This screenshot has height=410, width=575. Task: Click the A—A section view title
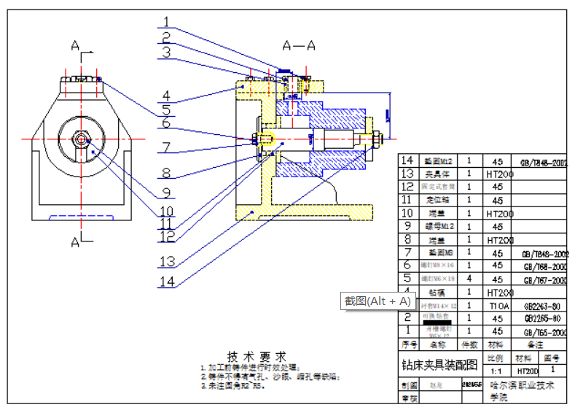[299, 46]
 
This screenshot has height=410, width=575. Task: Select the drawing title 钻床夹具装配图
[439, 364]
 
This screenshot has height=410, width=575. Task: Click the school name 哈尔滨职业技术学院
[522, 390]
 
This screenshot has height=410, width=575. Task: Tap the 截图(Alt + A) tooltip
[378, 301]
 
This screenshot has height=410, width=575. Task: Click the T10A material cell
[498, 306]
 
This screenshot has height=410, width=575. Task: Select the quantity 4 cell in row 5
[469, 279]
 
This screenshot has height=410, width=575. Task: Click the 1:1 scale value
[496, 371]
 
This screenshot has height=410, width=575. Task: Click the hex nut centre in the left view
[81, 138]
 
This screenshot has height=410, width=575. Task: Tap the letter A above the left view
[75, 46]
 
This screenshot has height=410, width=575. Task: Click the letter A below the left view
[75, 241]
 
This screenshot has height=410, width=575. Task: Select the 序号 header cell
[408, 344]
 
